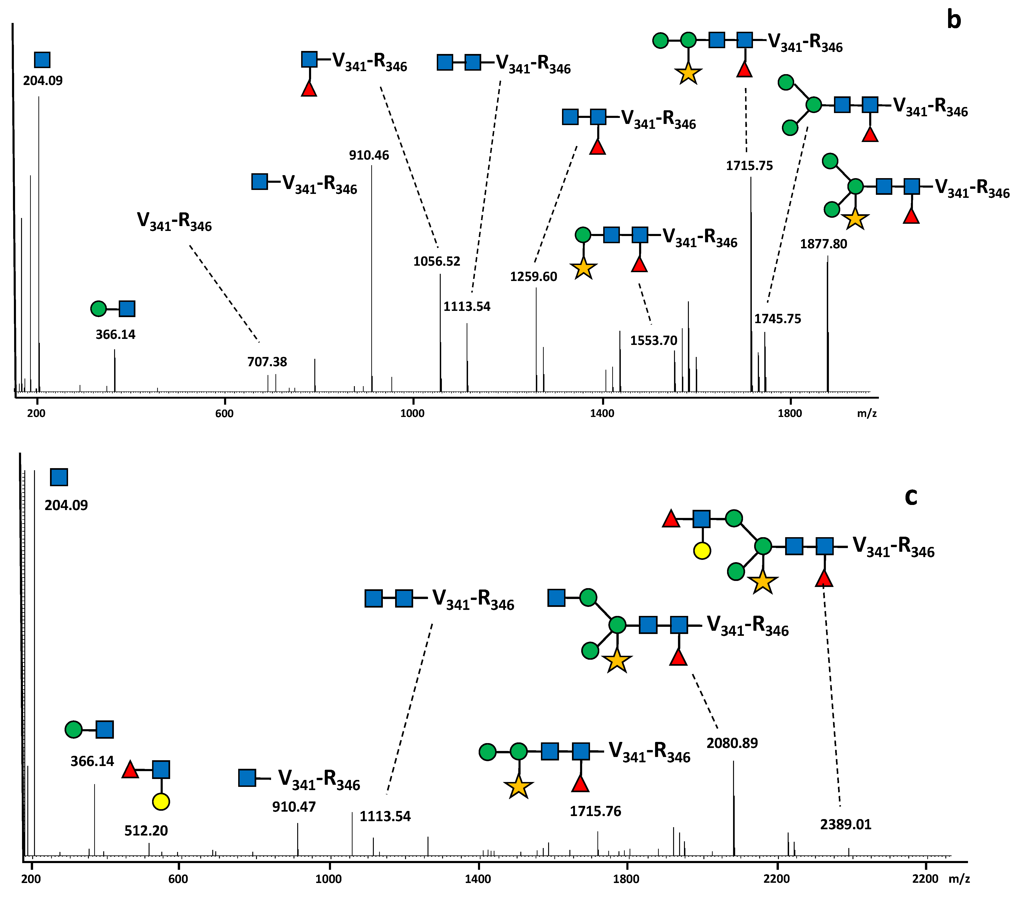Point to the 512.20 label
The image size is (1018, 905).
146,831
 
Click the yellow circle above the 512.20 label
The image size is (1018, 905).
161,802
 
